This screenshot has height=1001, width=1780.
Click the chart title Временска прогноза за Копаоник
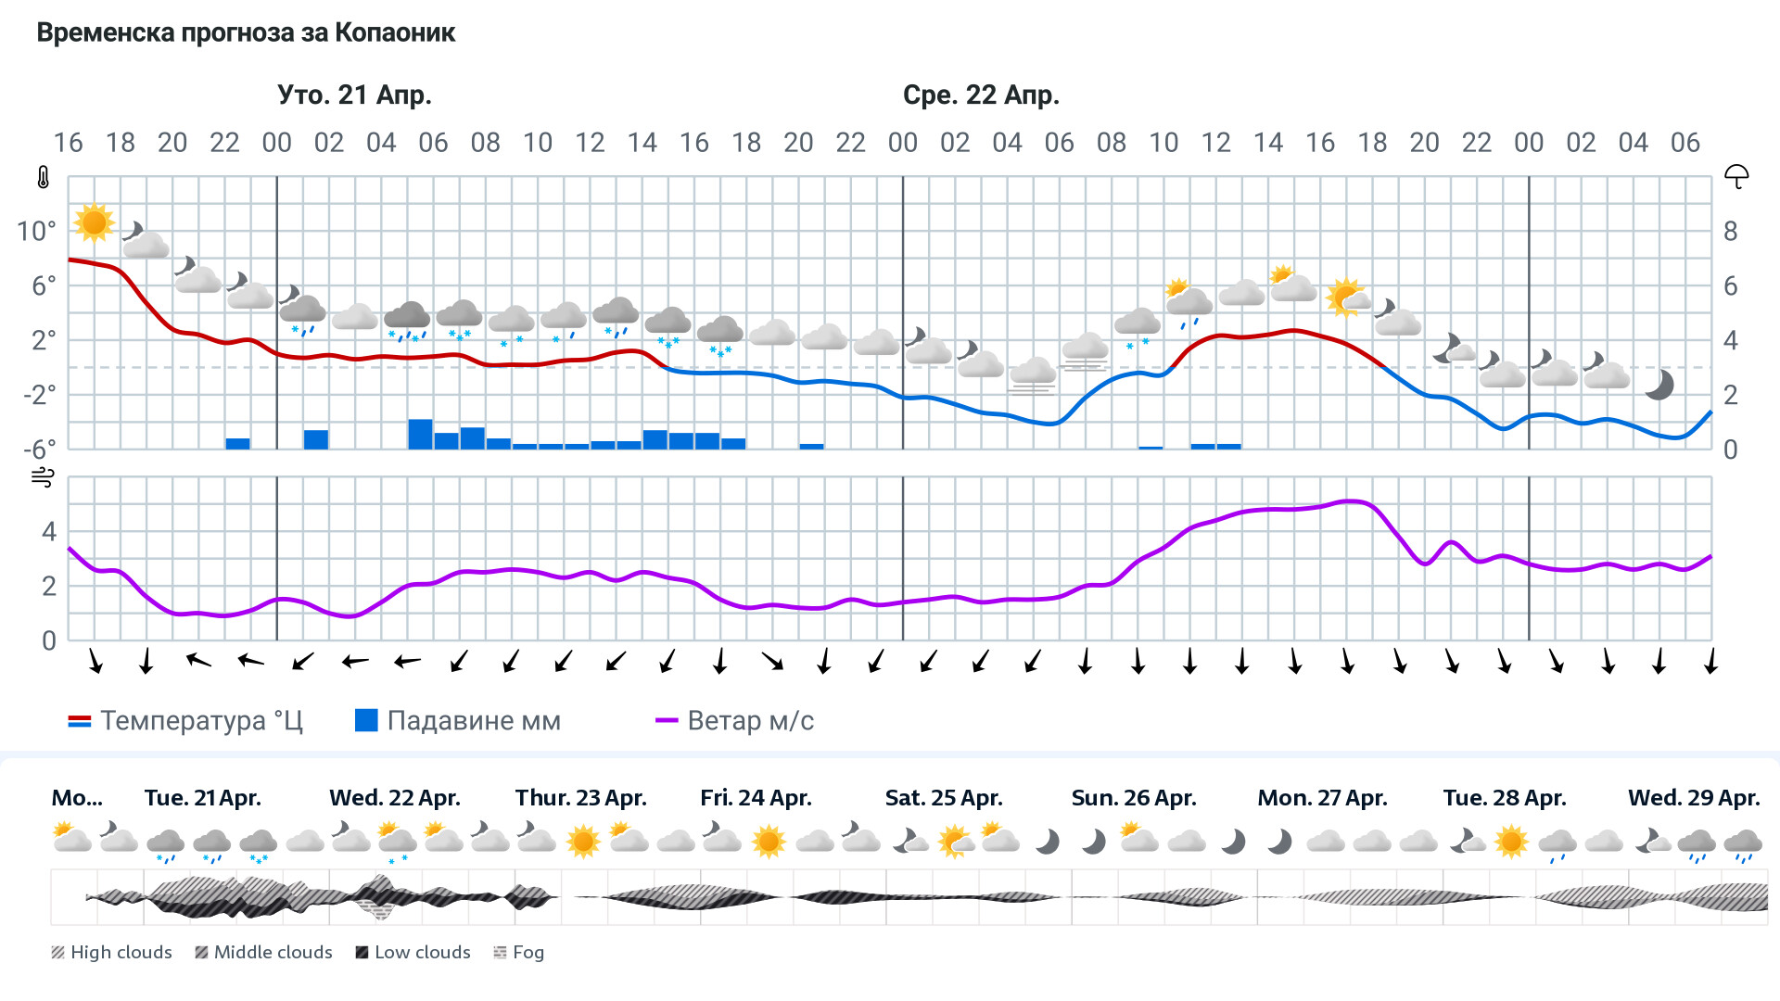click(246, 33)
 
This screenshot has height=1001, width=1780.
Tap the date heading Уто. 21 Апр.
click(354, 95)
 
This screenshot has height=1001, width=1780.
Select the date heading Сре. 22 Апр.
click(981, 95)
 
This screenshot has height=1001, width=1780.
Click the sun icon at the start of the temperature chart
click(94, 222)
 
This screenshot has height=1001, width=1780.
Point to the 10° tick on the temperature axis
click(36, 231)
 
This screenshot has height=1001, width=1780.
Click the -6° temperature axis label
click(39, 450)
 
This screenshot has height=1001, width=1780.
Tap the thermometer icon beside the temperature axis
click(43, 177)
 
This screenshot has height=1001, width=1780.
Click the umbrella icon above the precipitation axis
click(1735, 176)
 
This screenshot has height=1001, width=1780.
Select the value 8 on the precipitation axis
click(1730, 231)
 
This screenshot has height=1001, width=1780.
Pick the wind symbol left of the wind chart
click(43, 477)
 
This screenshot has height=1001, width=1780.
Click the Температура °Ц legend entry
click(185, 721)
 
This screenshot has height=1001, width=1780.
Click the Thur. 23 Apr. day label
click(580, 798)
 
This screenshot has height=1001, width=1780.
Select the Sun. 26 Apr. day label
click(1133, 798)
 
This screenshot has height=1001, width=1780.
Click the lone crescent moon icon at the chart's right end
click(1659, 385)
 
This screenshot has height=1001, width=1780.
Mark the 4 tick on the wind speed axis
click(49, 532)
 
